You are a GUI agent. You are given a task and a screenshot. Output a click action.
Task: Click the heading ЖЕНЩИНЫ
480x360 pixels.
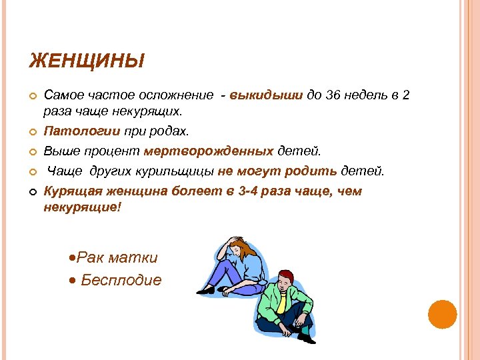tap(87, 63)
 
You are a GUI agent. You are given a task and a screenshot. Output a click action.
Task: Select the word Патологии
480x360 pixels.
tap(72, 130)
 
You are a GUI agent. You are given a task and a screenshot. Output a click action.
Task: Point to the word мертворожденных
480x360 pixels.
tap(218, 151)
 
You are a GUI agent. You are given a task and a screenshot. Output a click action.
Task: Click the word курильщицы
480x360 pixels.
tap(181, 171)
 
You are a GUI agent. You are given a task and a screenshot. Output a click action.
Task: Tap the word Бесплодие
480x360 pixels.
tap(121, 280)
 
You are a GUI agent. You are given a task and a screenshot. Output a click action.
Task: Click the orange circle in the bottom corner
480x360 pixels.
tap(442, 314)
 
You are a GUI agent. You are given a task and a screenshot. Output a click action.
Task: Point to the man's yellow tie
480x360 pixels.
tap(282, 303)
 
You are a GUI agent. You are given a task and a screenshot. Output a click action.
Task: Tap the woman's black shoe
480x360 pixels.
tap(206, 290)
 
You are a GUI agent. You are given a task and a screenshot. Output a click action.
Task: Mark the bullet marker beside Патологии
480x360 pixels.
tap(32, 131)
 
